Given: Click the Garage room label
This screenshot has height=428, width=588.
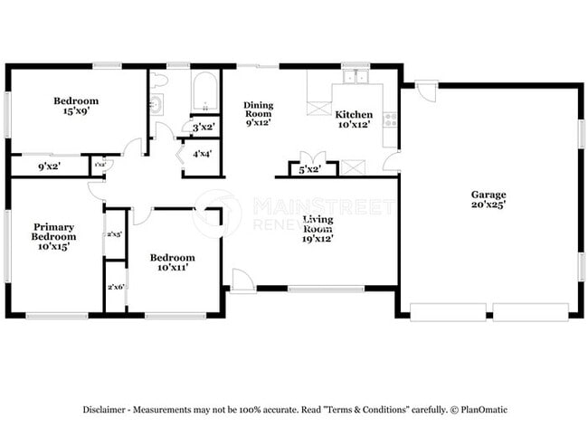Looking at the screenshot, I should (488, 195).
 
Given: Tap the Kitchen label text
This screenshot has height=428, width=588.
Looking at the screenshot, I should (354, 115).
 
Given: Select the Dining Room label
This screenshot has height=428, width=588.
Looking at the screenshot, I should (258, 110).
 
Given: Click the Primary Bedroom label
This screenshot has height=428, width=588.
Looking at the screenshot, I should (53, 232).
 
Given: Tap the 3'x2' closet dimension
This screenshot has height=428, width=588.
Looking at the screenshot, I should (202, 128).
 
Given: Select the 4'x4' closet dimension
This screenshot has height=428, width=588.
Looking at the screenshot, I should (202, 154).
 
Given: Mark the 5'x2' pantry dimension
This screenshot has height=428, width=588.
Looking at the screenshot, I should (308, 169).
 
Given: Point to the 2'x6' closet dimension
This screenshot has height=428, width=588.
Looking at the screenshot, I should (115, 287).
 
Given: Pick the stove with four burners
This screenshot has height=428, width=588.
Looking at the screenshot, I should (391, 119).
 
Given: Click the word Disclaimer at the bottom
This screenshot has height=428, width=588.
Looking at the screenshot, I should (109, 409).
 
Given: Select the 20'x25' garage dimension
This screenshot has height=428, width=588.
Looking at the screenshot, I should (488, 205).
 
